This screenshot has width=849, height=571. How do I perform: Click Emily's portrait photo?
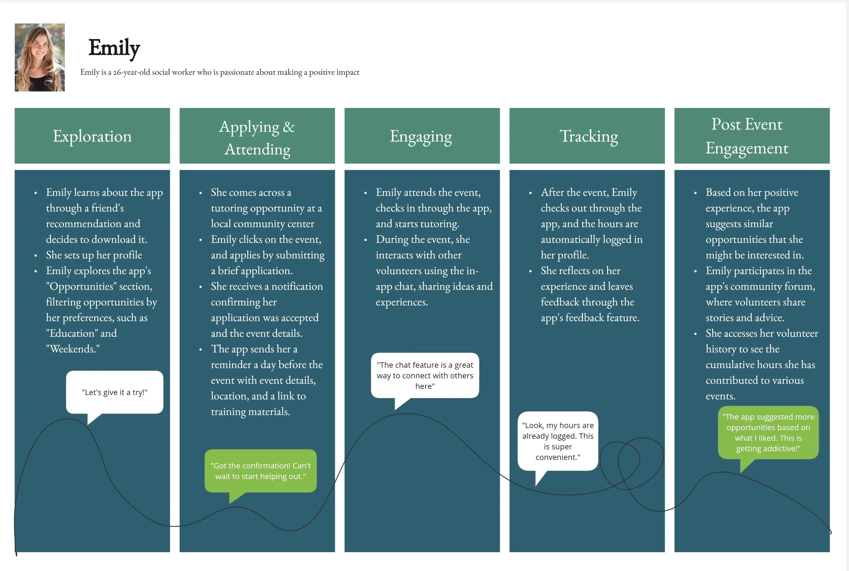tap(40, 57)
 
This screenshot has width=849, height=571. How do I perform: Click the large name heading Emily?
tap(114, 48)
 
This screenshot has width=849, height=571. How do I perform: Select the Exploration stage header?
tap(92, 136)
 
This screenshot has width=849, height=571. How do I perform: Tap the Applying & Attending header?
tap(257, 138)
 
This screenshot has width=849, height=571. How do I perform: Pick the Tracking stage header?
tap(589, 136)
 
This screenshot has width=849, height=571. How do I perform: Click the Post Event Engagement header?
tap(746, 136)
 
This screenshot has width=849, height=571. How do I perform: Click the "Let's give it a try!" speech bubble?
tap(114, 392)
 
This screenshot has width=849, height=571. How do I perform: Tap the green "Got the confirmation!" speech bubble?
tap(260, 471)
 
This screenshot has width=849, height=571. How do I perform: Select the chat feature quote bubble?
tap(425, 376)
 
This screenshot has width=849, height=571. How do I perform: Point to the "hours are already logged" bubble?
tap(557, 441)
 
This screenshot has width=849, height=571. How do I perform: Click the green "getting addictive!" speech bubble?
tap(768, 432)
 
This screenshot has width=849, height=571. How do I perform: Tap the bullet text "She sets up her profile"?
tap(94, 255)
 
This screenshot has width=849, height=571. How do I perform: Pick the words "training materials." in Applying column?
tap(250, 412)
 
